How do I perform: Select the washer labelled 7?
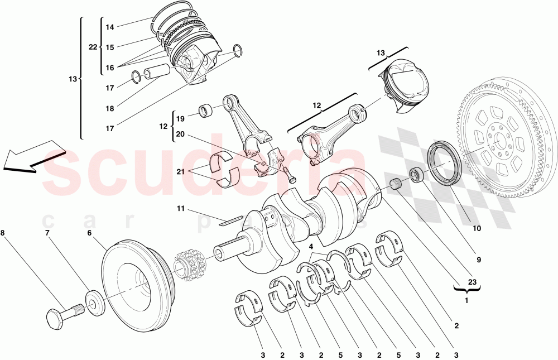click(x=96, y=301)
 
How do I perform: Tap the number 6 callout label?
click(x=89, y=234)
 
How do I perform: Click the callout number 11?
click(x=180, y=209)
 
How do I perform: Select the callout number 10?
click(x=477, y=228)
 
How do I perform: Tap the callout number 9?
click(x=478, y=260)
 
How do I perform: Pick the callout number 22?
click(x=93, y=47)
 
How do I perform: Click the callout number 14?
click(x=110, y=27)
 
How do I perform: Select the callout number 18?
click(x=110, y=108)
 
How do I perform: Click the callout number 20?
click(x=180, y=134)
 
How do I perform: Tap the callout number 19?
click(x=180, y=119)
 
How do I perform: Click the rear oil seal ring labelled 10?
click(x=445, y=163)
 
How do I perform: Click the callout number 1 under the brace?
click(x=466, y=299)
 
